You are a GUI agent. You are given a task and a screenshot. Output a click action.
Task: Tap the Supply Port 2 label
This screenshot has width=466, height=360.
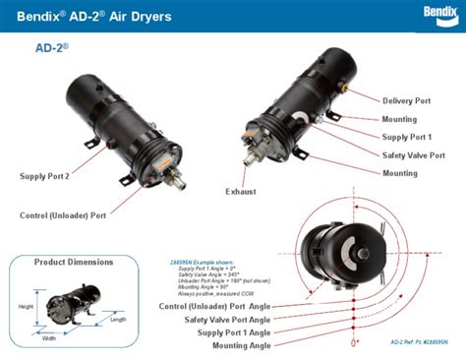pyautogui.click(x=44, y=176)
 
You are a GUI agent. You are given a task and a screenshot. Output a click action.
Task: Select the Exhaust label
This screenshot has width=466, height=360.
pyautogui.click(x=242, y=191)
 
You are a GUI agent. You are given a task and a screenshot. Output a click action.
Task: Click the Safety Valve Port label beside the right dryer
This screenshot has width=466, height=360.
pyautogui.click(x=414, y=154)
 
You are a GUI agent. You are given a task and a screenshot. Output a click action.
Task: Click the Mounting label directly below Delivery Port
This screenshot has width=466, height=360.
pyautogui.click(x=400, y=118)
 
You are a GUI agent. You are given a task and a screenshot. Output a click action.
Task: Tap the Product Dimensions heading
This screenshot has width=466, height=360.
pyautogui.click(x=74, y=262)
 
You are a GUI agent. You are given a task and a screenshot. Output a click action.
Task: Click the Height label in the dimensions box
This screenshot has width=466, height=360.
pyautogui.click(x=27, y=306)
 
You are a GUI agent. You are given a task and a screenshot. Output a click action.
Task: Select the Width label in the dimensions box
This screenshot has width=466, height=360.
pyautogui.click(x=48, y=338)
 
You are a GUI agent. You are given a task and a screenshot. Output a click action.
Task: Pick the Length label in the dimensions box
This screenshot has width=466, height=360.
pyautogui.click(x=118, y=319)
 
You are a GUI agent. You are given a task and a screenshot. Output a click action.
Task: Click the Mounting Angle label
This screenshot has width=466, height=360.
pyautogui.click(x=234, y=345)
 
